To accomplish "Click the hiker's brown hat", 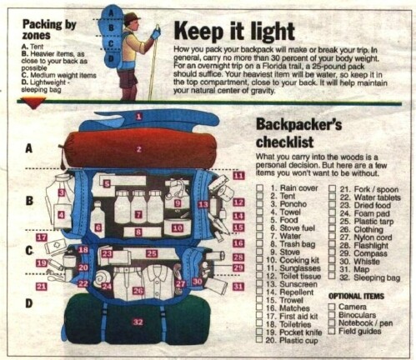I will click(x=132, y=17).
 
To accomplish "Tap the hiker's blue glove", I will click(x=156, y=33).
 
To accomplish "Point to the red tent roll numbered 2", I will click(x=139, y=149).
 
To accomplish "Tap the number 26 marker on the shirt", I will click(x=138, y=292).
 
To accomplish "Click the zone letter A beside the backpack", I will click(x=29, y=150).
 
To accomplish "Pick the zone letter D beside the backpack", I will click(x=29, y=303).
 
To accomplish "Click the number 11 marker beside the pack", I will click(x=238, y=176).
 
